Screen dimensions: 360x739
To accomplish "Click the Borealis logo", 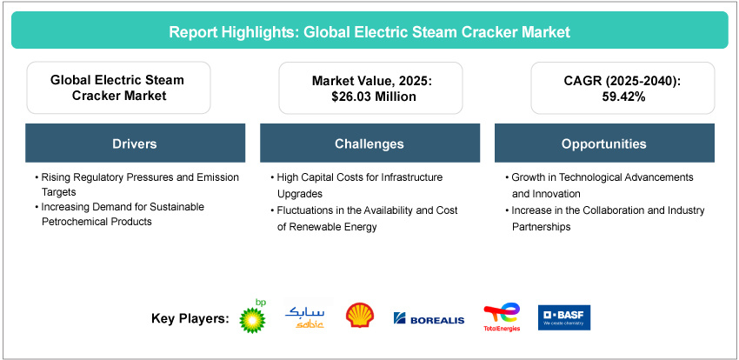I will coord(429,319).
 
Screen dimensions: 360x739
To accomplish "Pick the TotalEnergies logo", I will coord(502,317).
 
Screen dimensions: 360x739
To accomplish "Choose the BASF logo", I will coord(564,317).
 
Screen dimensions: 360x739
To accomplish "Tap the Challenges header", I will coord(369,143).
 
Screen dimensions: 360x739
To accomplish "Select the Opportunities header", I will coord(603,143).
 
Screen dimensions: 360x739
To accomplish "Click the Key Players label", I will coord(190,319).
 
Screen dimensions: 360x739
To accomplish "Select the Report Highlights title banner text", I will coord(369,33).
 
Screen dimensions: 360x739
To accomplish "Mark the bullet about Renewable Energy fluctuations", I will coord(365,217).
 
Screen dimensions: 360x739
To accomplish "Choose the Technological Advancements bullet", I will coord(600,183).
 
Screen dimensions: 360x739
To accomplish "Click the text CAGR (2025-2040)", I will coord(603,81).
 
